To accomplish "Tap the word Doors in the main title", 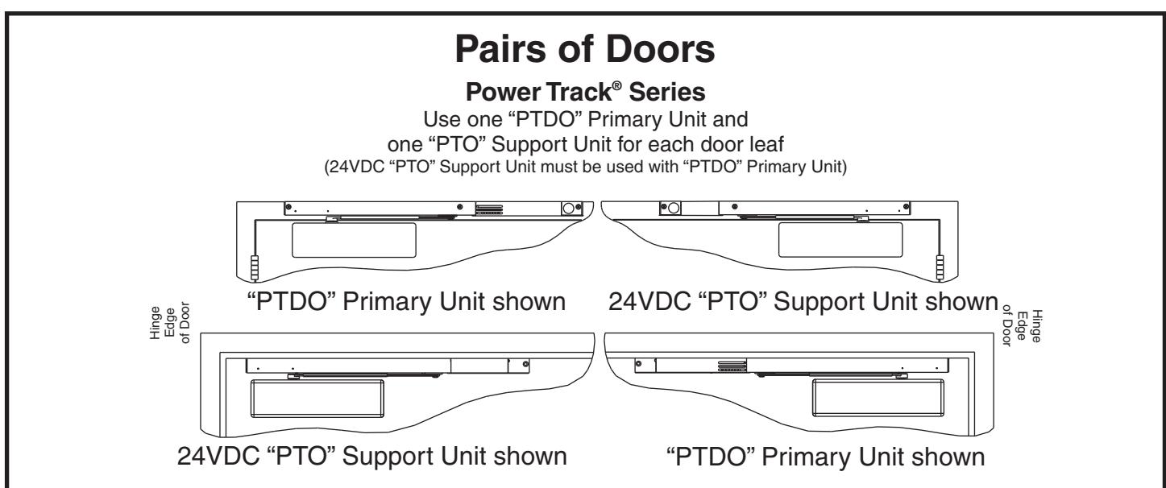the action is [x=660, y=49].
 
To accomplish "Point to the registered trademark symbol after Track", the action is [x=616, y=85].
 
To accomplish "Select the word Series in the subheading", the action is [x=667, y=92].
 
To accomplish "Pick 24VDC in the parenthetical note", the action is [x=356, y=167].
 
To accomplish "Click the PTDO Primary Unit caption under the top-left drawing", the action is [x=406, y=302].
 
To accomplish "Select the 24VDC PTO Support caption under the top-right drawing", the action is [x=803, y=302].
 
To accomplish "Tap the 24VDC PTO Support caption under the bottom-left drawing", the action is [x=371, y=457].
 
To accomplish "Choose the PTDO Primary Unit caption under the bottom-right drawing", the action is [x=826, y=457].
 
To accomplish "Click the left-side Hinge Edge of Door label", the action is [x=170, y=323].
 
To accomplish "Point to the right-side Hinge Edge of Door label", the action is [x=1022, y=325].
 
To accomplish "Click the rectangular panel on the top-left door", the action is [x=354, y=240].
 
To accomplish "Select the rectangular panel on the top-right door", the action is [x=840, y=240].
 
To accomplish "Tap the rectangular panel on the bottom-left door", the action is [x=317, y=399].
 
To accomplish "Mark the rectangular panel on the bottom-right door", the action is [x=878, y=398].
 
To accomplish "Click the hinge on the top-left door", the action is [x=255, y=267].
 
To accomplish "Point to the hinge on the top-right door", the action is [x=940, y=267].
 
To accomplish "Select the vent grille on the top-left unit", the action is [x=489, y=209].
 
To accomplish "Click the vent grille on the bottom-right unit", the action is [x=732, y=366].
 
